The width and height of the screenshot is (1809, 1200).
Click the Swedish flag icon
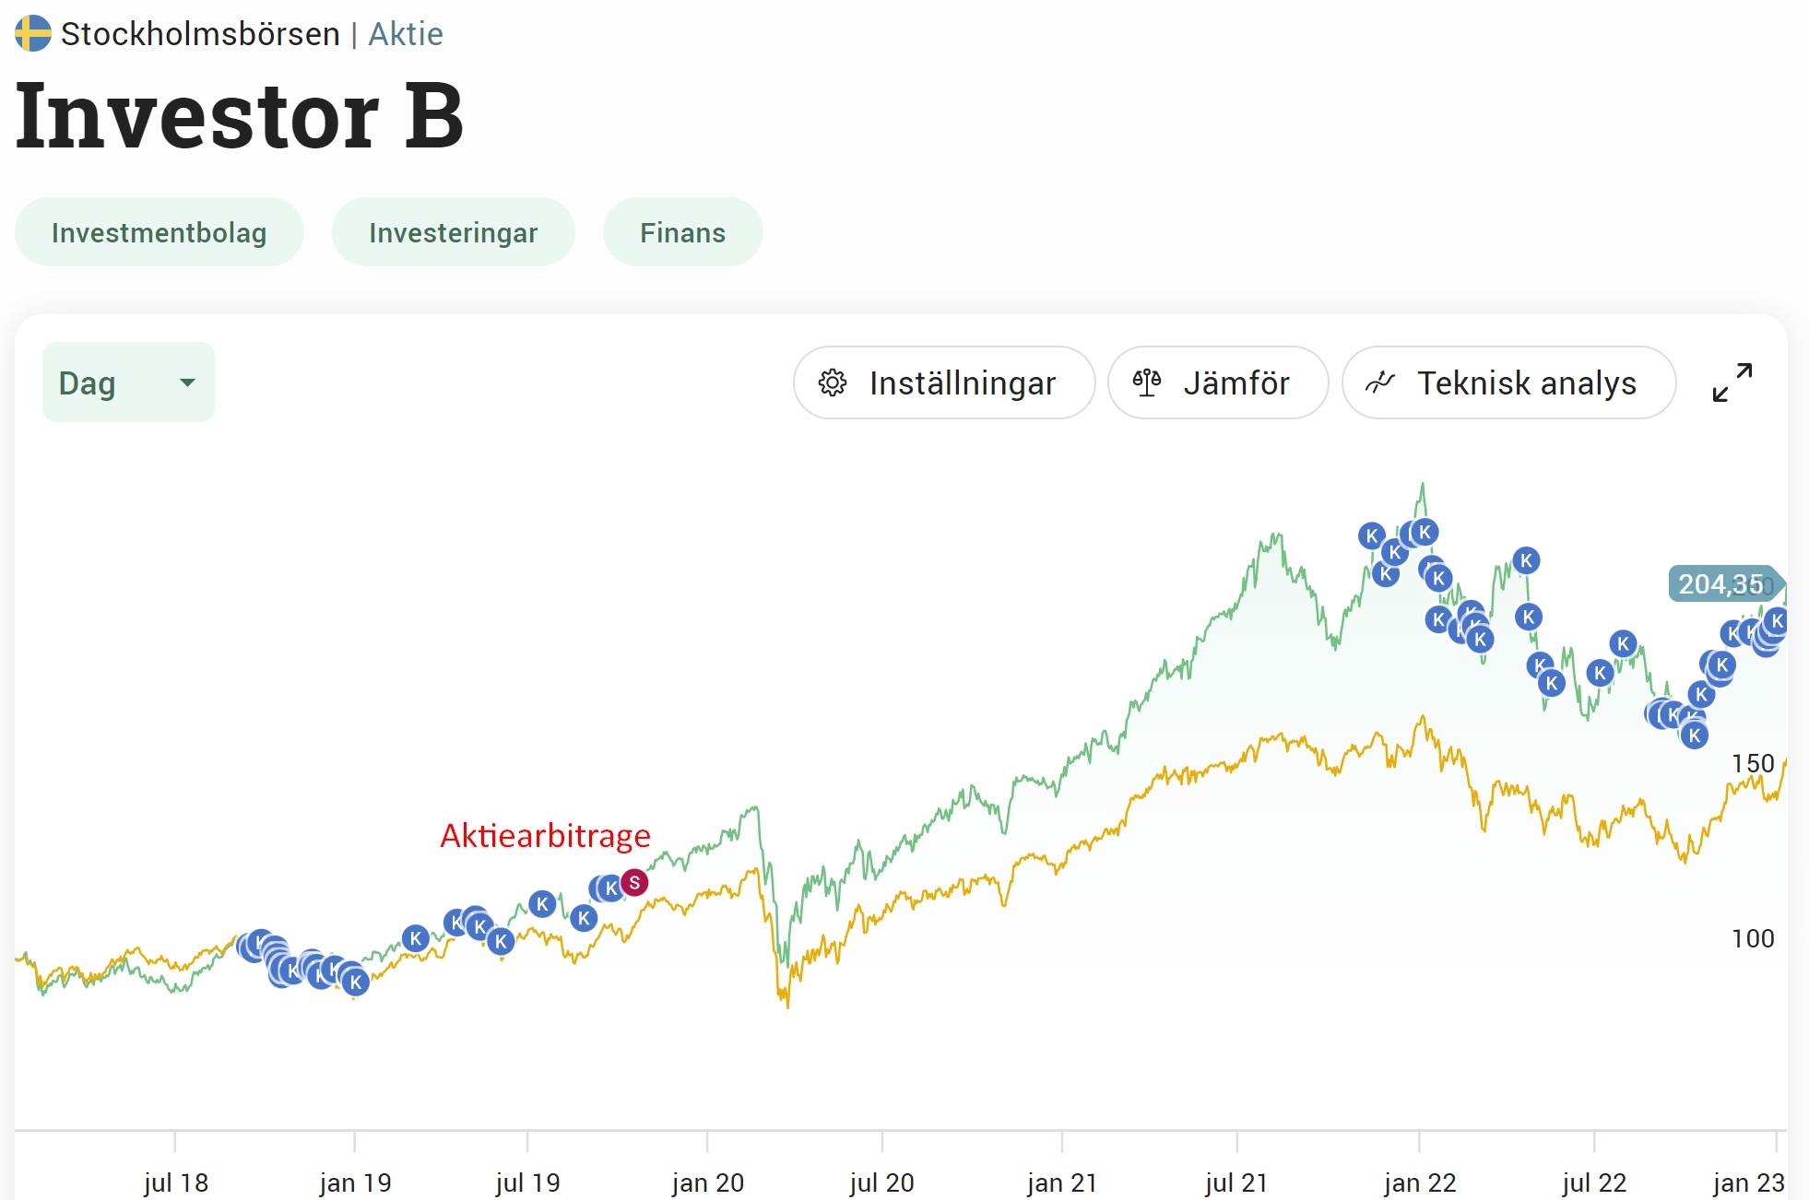tap(33, 33)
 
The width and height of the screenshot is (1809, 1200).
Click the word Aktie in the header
tap(406, 34)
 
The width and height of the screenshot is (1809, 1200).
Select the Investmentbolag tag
tap(160, 232)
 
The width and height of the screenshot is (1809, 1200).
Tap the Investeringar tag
tap(454, 232)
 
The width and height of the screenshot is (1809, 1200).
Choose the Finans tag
tap(683, 232)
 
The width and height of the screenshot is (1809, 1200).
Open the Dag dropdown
tap(128, 382)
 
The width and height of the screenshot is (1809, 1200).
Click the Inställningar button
tap(944, 382)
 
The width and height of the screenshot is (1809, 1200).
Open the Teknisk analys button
tap(1508, 382)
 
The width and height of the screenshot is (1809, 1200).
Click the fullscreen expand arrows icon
tap(1732, 382)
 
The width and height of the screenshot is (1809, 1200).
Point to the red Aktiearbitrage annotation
tap(546, 835)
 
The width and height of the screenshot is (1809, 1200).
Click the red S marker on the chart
tap(634, 883)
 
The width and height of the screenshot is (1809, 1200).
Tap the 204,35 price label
tap(1720, 584)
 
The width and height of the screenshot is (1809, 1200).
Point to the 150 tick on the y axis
tap(1753, 764)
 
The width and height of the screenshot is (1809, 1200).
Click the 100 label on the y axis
tap(1753, 939)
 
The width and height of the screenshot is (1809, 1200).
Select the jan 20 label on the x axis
tap(707, 1182)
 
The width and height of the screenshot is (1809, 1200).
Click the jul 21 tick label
tap(1236, 1182)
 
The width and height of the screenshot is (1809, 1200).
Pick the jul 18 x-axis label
tap(176, 1182)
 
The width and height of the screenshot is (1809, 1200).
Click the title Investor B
tap(240, 116)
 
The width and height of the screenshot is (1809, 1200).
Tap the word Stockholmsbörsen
tap(200, 34)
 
